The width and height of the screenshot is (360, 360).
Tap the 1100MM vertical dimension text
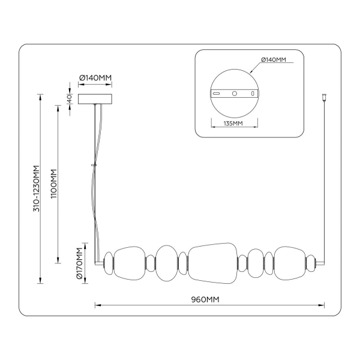pyautogui.click(x=53, y=184)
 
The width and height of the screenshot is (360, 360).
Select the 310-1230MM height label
pyautogui.click(x=35, y=188)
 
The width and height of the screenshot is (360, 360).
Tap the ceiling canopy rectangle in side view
pyautogui.click(x=96, y=98)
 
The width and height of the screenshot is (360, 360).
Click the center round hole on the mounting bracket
pyautogui.click(x=235, y=94)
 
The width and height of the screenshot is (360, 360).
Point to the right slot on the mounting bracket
pyautogui.click(x=253, y=94)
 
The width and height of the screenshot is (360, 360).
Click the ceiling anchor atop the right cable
pyautogui.click(x=325, y=96)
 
